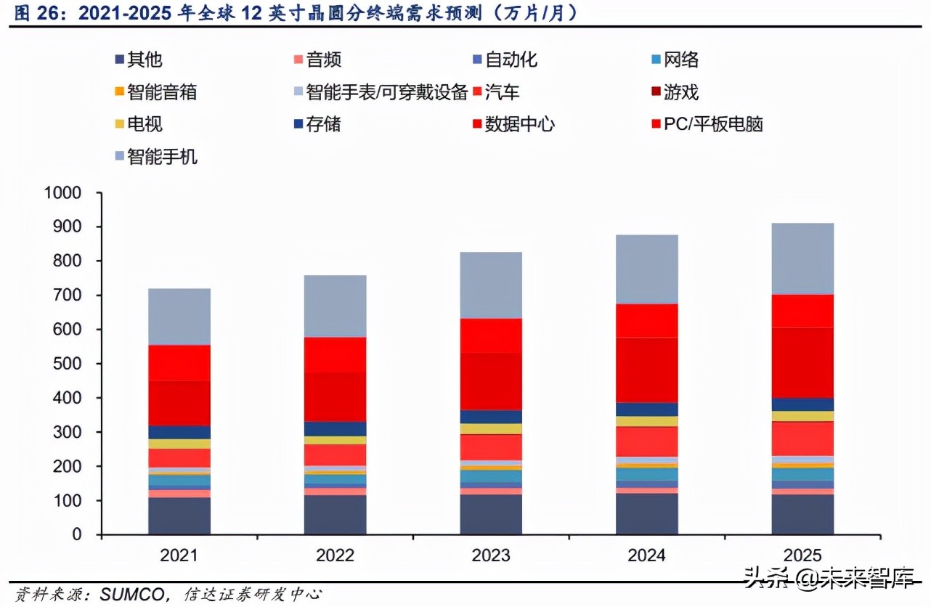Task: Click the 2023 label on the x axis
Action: point(490,555)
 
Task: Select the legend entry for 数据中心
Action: point(519,124)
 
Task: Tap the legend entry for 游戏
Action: point(680,92)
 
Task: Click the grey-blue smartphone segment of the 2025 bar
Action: point(802,258)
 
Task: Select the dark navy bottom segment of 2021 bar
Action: point(179,516)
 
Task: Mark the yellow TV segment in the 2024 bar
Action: point(646,421)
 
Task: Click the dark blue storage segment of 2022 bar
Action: point(335,428)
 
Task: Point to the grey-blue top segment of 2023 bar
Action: point(490,285)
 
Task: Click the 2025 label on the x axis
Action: point(802,555)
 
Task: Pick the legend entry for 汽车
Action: point(502,92)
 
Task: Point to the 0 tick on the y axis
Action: point(76,534)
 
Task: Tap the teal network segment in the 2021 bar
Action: point(179,480)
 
